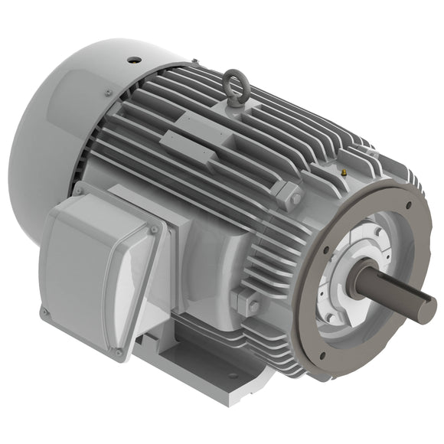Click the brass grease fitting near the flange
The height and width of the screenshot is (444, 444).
(x=344, y=173)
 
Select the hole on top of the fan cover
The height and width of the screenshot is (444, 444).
(x=133, y=59)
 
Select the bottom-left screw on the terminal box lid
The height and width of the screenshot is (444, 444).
(x=45, y=311)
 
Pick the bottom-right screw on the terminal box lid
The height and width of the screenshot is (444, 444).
(x=119, y=352)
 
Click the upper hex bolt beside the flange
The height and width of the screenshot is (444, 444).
(x=294, y=198)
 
